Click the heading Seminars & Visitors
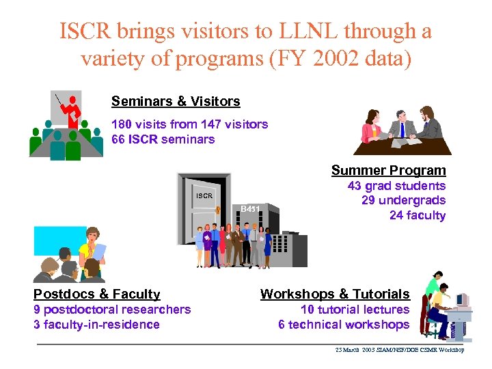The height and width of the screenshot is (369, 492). pyautogui.click(x=176, y=101)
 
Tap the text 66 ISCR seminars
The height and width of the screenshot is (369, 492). pyautogui.click(x=163, y=139)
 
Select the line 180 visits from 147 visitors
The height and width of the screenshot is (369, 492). pyautogui.click(x=189, y=124)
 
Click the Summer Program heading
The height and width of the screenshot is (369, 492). pyautogui.click(x=388, y=170)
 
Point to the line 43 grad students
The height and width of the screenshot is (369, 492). pyautogui.click(x=396, y=186)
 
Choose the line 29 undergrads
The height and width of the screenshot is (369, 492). pyautogui.click(x=403, y=200)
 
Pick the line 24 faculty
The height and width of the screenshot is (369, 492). pyautogui.click(x=417, y=215)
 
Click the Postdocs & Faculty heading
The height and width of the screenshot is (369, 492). pyautogui.click(x=97, y=294)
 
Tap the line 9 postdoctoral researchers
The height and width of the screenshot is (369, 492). pyautogui.click(x=112, y=310)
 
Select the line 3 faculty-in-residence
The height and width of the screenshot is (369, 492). pyautogui.click(x=96, y=325)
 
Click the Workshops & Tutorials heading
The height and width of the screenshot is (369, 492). pyautogui.click(x=335, y=294)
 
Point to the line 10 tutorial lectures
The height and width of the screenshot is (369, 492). pyautogui.click(x=355, y=310)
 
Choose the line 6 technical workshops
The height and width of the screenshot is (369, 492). pyautogui.click(x=344, y=325)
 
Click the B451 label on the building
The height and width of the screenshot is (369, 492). pyautogui.click(x=250, y=208)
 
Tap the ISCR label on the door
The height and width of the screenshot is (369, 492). pyautogui.click(x=205, y=196)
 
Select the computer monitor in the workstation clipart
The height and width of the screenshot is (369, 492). pyautogui.click(x=462, y=300)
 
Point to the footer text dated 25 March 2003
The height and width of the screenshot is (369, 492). pyautogui.click(x=399, y=350)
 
